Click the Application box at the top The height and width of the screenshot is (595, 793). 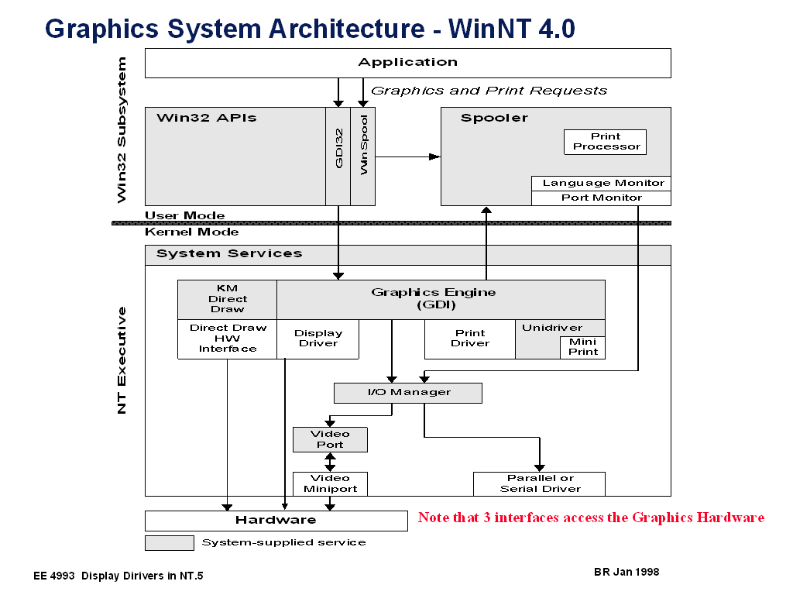[407, 63]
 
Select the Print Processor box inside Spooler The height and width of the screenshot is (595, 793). [605, 142]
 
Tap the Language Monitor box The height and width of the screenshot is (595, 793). [602, 184]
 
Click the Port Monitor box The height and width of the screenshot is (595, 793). [602, 198]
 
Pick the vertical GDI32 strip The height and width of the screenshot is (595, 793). [338, 156]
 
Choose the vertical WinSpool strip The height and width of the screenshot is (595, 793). [362, 156]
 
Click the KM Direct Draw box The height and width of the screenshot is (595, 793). [227, 299]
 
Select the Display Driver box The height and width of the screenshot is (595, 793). [318, 339]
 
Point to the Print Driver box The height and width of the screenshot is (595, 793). [469, 339]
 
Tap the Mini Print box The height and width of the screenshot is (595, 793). [582, 347]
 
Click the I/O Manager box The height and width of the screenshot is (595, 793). [407, 393]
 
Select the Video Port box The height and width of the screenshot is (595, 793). [330, 439]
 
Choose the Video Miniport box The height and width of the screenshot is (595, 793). [330, 483]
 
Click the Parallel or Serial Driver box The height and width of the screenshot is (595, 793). [539, 483]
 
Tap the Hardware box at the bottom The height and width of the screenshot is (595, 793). [276, 520]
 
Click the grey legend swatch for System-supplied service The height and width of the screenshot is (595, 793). [169, 542]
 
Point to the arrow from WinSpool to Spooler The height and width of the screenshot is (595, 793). [407, 156]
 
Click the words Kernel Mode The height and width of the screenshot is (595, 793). [191, 232]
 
